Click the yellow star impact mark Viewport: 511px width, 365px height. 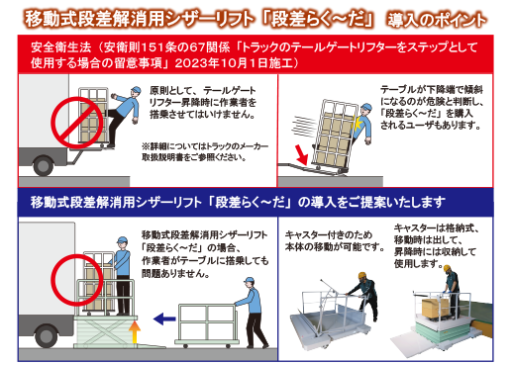pyautogui.click(x=357, y=123)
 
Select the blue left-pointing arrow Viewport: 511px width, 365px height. pyautogui.click(x=164, y=319)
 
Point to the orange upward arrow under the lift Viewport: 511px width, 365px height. pyautogui.click(x=135, y=332)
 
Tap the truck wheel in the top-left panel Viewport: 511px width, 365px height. pyautogui.click(x=43, y=165)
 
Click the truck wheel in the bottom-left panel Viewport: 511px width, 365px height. pyautogui.click(x=46, y=335)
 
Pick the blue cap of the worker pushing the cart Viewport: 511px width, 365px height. pyautogui.click(x=250, y=281)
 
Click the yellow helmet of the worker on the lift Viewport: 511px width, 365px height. pyautogui.click(x=447, y=268)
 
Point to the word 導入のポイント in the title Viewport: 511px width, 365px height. pyautogui.click(x=437, y=20)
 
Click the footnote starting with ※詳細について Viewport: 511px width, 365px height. pyautogui.click(x=205, y=151)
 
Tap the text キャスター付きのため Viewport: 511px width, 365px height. pyautogui.click(x=329, y=234)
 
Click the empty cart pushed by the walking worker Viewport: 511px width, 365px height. pyautogui.click(x=207, y=325)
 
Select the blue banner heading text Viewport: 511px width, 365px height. pyautogui.click(x=238, y=202)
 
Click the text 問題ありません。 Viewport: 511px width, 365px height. pyautogui.click(x=175, y=273)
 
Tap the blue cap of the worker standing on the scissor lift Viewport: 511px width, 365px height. pyautogui.click(x=122, y=239)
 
